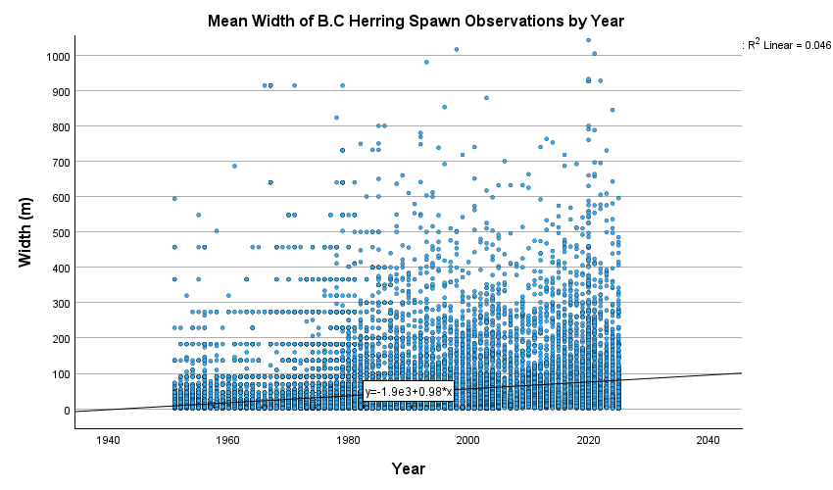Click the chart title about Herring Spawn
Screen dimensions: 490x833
pos(416,21)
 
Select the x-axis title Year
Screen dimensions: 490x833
pos(408,468)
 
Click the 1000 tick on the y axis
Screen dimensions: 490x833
pos(57,56)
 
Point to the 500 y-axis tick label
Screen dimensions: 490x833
pos(60,232)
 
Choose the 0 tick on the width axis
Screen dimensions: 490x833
pos(67,410)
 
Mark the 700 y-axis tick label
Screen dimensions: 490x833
pos(60,162)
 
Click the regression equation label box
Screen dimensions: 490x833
pos(408,392)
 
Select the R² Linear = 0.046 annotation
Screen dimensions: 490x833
pos(789,45)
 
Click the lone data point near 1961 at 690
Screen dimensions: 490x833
pos(234,166)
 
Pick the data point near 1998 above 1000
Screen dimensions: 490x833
pos(457,49)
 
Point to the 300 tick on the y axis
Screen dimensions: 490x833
pos(60,304)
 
